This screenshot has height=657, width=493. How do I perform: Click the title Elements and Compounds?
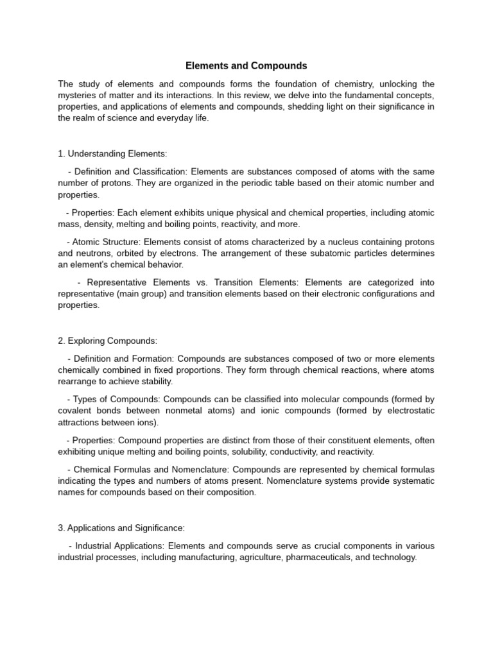pyautogui.click(x=246, y=65)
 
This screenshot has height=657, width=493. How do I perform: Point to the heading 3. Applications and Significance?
pyautogui.click(x=121, y=527)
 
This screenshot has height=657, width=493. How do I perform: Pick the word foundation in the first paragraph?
pyautogui.click(x=255, y=84)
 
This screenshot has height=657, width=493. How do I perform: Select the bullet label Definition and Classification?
pyautogui.click(x=131, y=172)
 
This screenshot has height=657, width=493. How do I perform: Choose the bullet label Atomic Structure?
pyautogui.click(x=107, y=242)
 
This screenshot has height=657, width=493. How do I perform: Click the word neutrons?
pyautogui.click(x=94, y=253)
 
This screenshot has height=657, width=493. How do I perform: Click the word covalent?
pyautogui.click(x=75, y=411)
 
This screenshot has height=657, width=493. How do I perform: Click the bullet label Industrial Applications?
pyautogui.click(x=120, y=546)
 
